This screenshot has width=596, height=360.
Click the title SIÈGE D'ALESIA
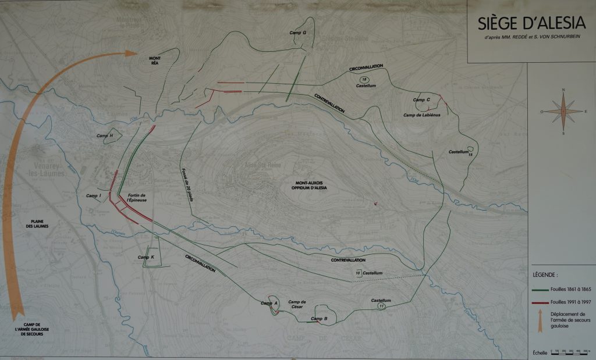coord(531,24)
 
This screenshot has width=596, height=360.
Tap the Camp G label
coord(298,33)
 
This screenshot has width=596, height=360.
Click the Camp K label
coord(146,257)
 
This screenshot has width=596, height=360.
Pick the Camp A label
coord(269,303)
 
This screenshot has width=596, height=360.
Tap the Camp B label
coord(319,318)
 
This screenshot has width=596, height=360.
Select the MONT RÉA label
coord(154,61)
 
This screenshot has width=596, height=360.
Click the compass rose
coord(563,112)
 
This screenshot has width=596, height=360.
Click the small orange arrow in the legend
coord(540,322)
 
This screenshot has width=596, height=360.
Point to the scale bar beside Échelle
coord(570,352)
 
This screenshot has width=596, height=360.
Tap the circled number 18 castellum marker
coord(364,79)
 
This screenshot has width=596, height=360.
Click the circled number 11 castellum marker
coord(381,306)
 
